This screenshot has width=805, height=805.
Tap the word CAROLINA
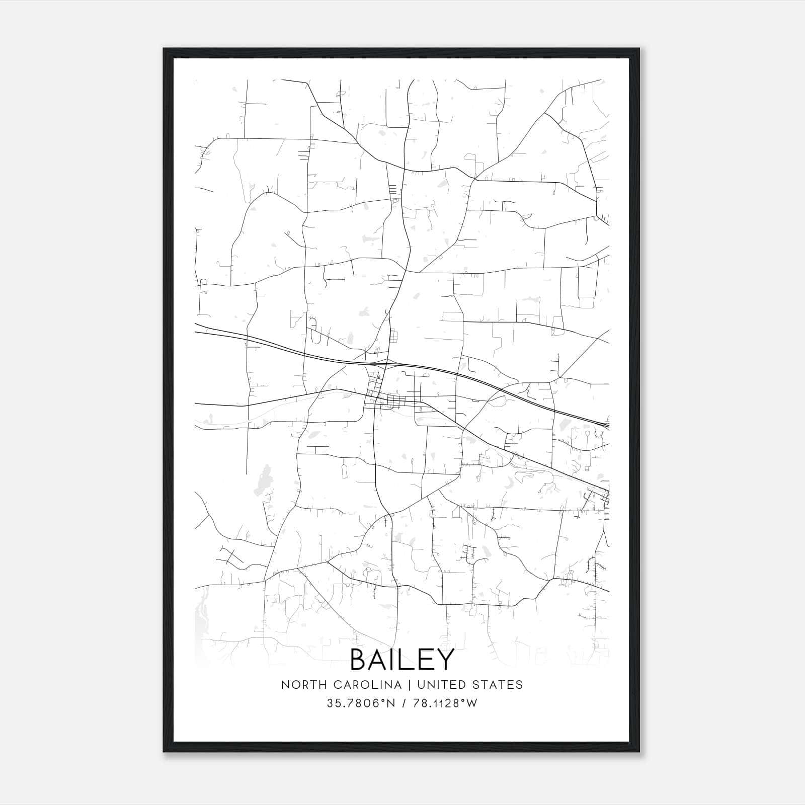coord(357,685)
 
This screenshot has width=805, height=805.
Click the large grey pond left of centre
coord(263,480)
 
